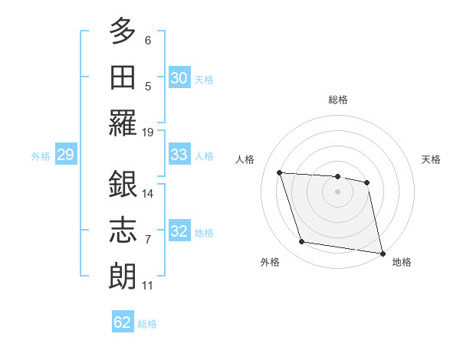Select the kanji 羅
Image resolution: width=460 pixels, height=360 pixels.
(123, 123)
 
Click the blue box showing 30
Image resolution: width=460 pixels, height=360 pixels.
(179, 78)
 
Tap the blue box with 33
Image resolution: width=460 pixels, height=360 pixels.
(179, 155)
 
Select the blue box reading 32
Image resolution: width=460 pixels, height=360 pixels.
(179, 232)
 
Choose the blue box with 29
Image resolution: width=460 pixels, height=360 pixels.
(65, 155)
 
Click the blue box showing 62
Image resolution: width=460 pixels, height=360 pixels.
(123, 322)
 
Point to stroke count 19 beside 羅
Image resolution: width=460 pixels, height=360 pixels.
(148, 132)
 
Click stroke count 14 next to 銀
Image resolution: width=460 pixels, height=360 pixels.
(148, 193)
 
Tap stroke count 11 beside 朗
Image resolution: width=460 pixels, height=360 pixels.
(148, 286)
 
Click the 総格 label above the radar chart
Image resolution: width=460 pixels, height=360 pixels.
(338, 100)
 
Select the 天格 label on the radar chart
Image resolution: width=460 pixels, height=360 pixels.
(431, 159)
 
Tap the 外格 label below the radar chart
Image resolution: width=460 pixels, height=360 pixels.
(270, 262)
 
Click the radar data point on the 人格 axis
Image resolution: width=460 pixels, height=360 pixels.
(280, 173)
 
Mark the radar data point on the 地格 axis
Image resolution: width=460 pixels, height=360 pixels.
(381, 252)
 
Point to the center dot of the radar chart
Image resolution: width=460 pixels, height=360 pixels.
(337, 191)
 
